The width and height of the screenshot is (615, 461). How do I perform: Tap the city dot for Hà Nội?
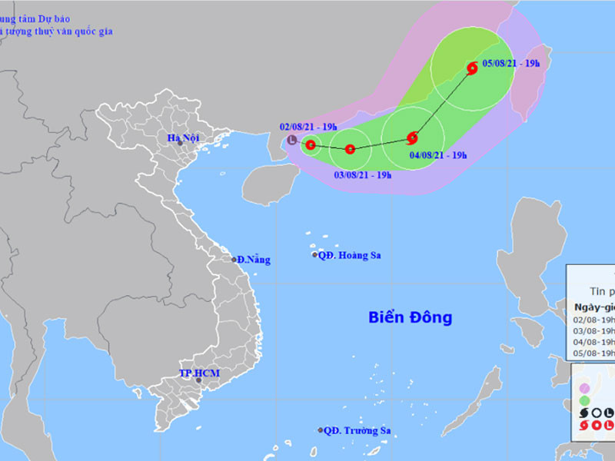180,143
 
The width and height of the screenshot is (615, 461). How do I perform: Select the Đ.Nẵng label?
254,260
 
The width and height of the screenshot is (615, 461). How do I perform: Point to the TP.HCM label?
199,373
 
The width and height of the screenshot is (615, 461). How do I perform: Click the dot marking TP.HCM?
199,380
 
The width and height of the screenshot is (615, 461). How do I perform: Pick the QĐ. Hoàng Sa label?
351,255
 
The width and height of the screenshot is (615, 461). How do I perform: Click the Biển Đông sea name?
410,317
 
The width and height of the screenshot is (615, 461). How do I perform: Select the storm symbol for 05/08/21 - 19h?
472,68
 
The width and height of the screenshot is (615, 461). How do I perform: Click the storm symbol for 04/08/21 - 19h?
412,138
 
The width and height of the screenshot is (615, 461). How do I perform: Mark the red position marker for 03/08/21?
350,149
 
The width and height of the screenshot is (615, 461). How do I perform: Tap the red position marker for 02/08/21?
311,144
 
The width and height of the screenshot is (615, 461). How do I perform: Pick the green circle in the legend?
585,400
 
